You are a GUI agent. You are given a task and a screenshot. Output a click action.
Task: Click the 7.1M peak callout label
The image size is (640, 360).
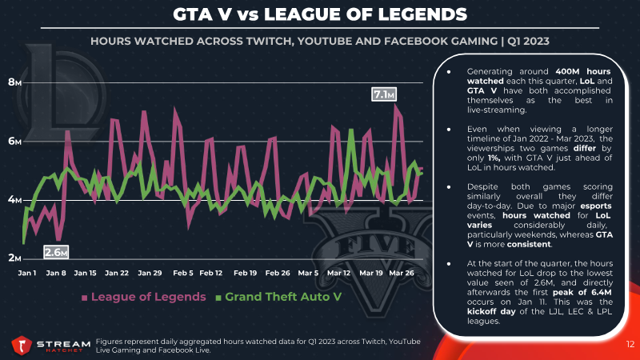384,94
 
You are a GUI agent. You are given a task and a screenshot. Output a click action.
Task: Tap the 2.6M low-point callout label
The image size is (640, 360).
56,252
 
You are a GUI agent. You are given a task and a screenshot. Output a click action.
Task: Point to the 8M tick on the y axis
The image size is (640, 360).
14,82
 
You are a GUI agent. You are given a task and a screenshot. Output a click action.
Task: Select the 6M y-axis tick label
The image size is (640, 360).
14,142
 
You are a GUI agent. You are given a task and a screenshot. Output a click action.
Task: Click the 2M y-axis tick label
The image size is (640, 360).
14,258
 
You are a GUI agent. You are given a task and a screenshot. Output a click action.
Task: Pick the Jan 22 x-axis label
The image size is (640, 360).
117,273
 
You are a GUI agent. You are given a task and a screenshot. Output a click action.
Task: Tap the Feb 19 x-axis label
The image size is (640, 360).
246,273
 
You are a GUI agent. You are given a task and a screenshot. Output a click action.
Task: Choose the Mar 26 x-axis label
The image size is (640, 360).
402,273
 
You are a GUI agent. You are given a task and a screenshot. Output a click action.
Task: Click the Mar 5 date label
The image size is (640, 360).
308,273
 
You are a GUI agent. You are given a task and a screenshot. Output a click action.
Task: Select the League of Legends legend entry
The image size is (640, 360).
144,297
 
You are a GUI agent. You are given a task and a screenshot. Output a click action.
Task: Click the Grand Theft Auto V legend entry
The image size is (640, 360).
278,297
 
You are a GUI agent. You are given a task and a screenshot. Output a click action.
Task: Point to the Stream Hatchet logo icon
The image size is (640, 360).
22,346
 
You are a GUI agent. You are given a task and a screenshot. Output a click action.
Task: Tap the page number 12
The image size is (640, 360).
630,345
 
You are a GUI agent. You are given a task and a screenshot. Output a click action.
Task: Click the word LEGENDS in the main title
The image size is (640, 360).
422,14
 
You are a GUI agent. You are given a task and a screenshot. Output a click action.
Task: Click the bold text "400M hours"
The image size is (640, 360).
583,71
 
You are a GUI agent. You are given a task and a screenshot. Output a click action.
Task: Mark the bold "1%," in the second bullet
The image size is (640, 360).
494,158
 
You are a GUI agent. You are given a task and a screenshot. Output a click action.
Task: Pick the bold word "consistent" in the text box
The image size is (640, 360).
529,244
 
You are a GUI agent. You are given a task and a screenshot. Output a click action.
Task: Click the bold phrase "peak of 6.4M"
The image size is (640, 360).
582,292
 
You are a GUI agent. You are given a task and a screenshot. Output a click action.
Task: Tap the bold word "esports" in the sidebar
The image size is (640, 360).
596,206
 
